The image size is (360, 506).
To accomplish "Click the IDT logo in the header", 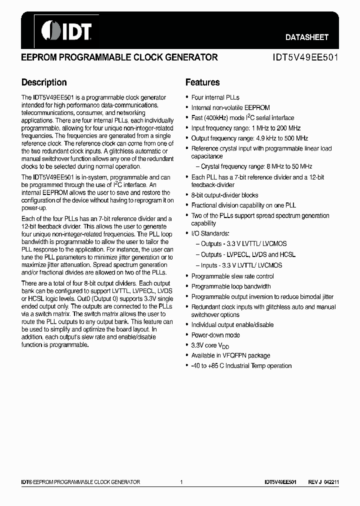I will (66, 30).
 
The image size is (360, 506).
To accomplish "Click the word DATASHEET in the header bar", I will (306, 37).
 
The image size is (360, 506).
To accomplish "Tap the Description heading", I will (44, 82).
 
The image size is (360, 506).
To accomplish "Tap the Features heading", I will (202, 82).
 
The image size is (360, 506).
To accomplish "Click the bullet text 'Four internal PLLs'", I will (215, 97).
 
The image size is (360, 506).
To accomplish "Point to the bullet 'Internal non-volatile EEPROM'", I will (230, 107).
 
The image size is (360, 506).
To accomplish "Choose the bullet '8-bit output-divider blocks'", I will (224, 195).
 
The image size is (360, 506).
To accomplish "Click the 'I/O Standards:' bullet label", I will (210, 233).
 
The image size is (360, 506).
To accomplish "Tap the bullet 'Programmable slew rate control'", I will (232, 276).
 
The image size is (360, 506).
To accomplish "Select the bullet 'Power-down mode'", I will (215, 335).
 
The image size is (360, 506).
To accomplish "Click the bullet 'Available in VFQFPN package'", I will (230, 355).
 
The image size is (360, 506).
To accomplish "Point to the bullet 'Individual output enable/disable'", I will (232, 325).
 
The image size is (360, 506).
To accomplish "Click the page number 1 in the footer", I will (181, 482).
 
